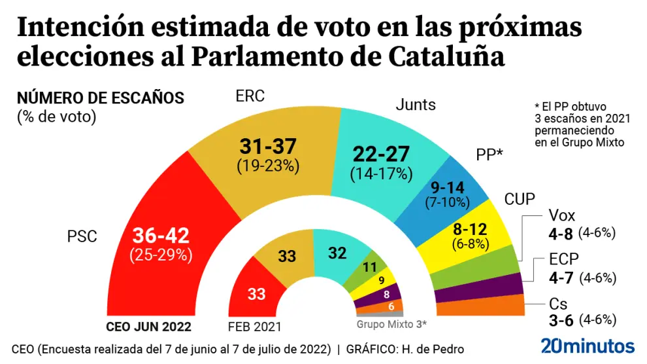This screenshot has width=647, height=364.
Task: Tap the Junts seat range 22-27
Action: click(x=381, y=155)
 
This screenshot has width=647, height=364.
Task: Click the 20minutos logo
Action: click(x=588, y=346)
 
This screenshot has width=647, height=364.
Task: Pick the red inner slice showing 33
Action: click(x=256, y=294)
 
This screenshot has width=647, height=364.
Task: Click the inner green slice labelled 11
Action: click(x=371, y=267)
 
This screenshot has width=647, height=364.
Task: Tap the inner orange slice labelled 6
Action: click(x=390, y=306)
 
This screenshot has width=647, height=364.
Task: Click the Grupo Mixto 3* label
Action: click(x=391, y=323)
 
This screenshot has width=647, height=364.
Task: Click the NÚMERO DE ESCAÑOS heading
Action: click(x=101, y=99)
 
